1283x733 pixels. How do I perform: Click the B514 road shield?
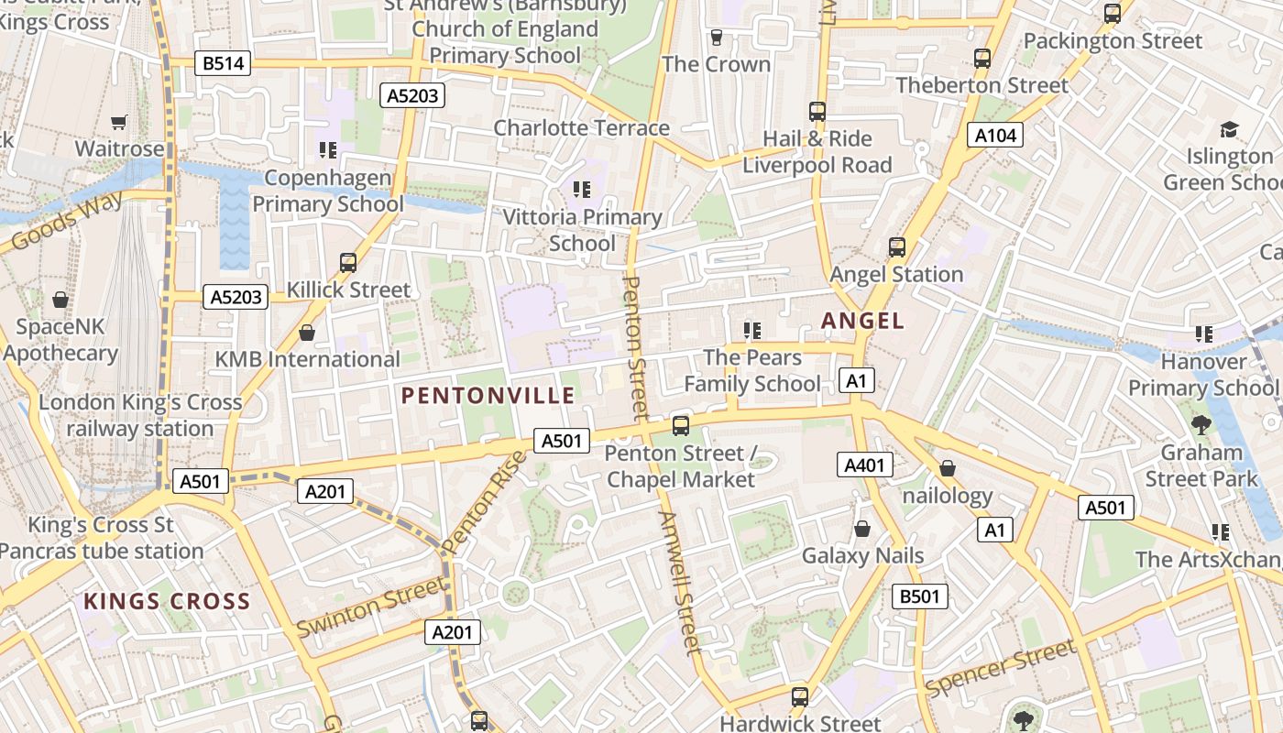point(223,63)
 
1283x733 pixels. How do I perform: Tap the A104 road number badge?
point(995,136)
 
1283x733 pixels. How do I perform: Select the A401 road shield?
point(864,465)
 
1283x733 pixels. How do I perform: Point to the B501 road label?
point(919,596)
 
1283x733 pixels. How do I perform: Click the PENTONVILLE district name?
point(488,396)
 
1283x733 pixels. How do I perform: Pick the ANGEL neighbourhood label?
point(862,321)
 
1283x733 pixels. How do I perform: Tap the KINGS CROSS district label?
point(167,601)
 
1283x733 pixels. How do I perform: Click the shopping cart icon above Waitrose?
point(118,122)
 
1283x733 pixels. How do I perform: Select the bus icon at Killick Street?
point(347,263)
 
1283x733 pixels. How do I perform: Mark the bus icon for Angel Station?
point(896,247)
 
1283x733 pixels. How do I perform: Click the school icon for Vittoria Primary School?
point(581,190)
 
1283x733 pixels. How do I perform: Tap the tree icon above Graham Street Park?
point(1201,425)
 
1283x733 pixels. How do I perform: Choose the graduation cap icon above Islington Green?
point(1228,130)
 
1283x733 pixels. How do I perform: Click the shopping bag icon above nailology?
point(948,469)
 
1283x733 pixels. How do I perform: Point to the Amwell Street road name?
point(680,582)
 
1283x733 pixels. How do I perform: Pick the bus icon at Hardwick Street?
point(800,697)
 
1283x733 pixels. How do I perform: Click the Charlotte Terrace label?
point(581,127)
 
